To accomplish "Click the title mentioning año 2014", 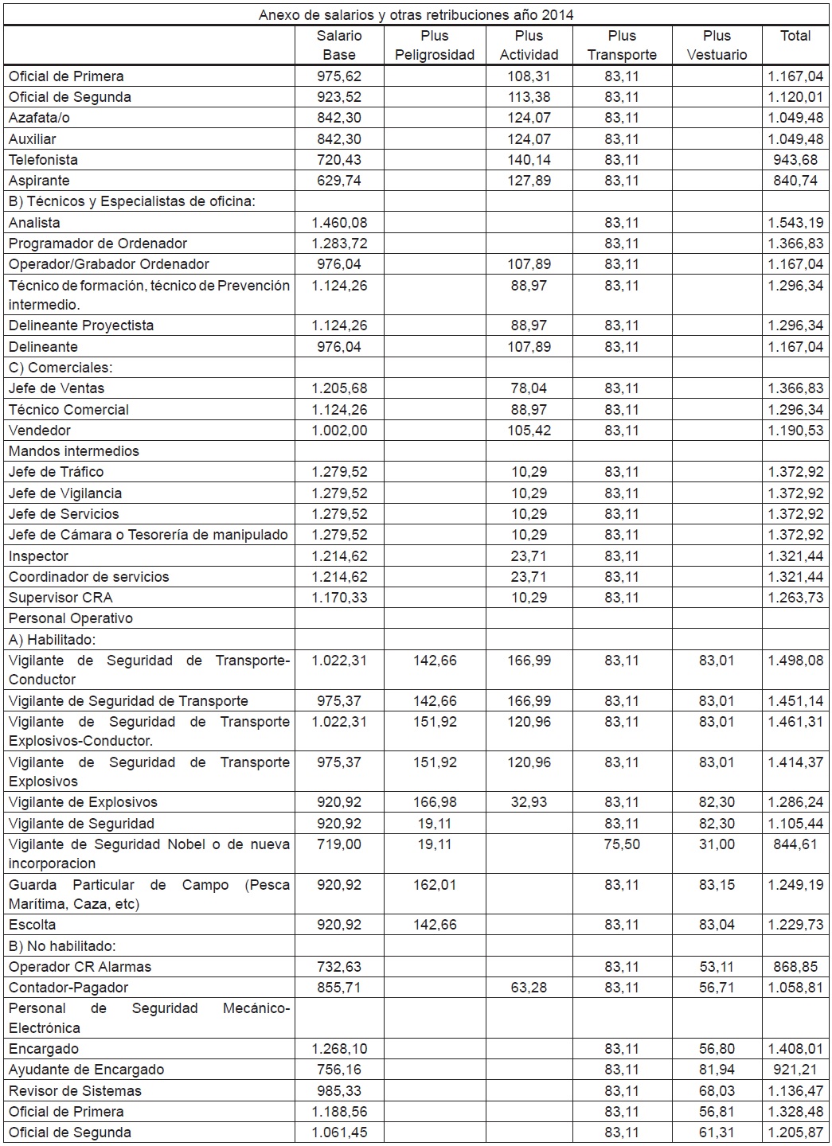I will pos(416,15).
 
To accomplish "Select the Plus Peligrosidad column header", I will pos(435,45).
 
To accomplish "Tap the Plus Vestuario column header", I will pos(717,45).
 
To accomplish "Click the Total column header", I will pos(795,36).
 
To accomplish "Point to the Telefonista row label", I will pos(43,160).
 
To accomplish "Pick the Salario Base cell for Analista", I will pos(339,223).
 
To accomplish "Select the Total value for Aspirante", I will pos(795,181).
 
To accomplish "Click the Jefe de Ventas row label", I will pos(57,388).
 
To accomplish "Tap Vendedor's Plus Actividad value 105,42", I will pos(529,431).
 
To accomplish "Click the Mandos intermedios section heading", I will pos(74,451).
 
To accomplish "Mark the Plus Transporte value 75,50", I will pos(622,844).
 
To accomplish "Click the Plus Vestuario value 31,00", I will pos(717,844).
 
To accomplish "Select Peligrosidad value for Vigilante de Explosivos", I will pos(435,802).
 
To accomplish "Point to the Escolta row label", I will pos(33,925).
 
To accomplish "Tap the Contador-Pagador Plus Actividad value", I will pos(529,988).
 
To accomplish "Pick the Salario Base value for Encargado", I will pos(339,1049).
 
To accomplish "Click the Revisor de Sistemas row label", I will pos(75,1091).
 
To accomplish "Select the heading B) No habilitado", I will pos(62,946).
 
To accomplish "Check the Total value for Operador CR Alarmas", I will pos(795,967).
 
